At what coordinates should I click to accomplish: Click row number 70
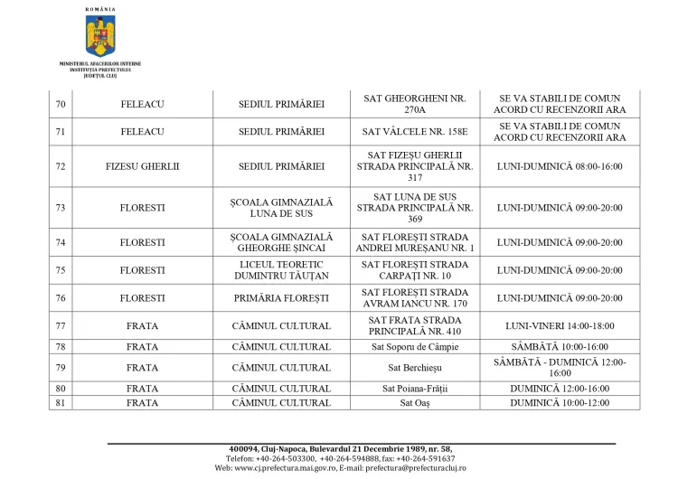(x=61, y=105)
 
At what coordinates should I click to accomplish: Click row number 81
(x=61, y=402)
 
